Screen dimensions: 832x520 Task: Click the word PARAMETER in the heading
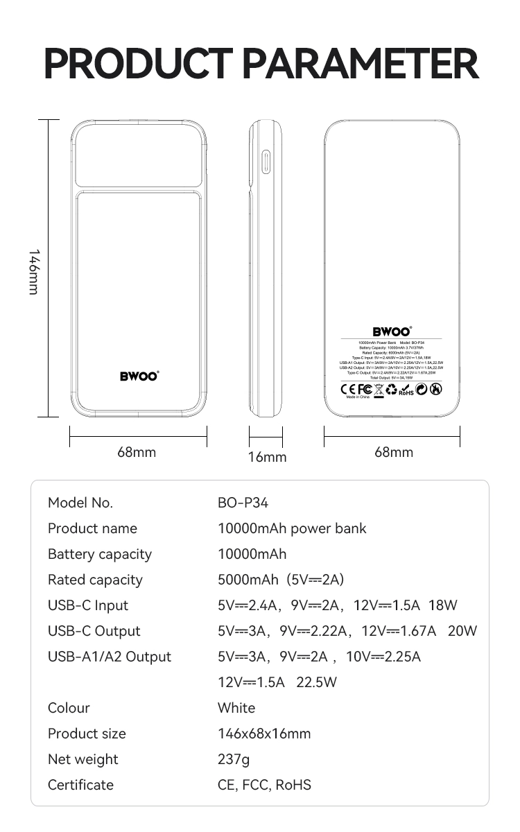click(361, 64)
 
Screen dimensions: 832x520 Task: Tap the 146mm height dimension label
click(33, 272)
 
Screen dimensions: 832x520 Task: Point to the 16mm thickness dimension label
click(267, 457)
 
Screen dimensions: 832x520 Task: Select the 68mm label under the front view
click(137, 452)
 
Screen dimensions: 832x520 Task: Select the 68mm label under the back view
click(393, 452)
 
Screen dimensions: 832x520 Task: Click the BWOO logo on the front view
click(139, 376)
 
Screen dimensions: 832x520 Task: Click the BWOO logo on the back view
click(392, 331)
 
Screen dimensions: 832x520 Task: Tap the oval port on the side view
click(265, 163)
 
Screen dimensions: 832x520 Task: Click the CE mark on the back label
click(348, 389)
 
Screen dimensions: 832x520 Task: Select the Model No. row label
click(80, 503)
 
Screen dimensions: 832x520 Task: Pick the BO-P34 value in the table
click(243, 503)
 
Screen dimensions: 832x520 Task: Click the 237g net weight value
click(234, 759)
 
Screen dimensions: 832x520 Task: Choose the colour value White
click(236, 708)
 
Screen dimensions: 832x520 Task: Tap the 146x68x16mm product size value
click(264, 734)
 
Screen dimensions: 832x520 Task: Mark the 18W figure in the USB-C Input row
click(443, 605)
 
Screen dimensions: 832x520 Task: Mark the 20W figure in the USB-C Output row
click(462, 631)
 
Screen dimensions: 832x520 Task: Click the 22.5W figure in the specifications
click(316, 682)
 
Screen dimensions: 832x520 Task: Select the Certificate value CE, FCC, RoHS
click(264, 785)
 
